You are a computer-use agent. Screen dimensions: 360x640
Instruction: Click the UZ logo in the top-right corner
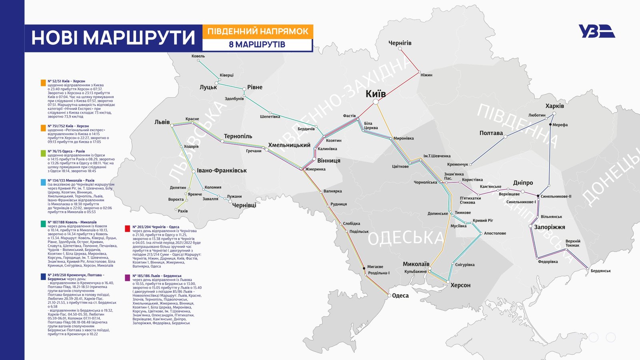[x=596, y=31]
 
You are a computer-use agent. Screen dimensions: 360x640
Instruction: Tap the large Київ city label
[x=376, y=94]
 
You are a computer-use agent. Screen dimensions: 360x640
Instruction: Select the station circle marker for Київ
[x=376, y=102]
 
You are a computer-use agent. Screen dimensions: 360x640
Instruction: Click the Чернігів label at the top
[x=400, y=43]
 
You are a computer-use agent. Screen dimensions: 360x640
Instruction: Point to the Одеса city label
[x=400, y=296]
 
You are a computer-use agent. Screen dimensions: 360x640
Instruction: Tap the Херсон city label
[x=460, y=285]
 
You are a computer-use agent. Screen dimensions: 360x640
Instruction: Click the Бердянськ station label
[x=600, y=271]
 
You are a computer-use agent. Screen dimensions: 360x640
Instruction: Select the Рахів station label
[x=182, y=211]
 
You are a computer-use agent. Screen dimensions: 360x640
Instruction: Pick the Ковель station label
[x=198, y=56]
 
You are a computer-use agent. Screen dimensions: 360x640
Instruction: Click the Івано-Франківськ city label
[x=222, y=170]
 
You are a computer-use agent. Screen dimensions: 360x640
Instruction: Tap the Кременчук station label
[x=458, y=164]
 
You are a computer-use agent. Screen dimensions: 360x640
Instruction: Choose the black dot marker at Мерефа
[x=550, y=125]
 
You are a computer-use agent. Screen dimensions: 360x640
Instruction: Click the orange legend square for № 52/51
[x=43, y=83]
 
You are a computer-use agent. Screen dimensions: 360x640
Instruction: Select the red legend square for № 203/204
[x=127, y=229]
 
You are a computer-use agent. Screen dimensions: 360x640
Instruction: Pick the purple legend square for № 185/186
[x=127, y=278]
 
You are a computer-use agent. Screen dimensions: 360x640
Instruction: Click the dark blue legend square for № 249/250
[x=43, y=276]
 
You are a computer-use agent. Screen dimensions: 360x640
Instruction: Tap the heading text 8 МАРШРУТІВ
[x=257, y=44]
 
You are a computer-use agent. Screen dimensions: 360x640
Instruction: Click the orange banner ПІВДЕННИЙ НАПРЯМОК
[x=258, y=31]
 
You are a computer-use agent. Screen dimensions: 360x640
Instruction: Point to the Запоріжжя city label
[x=549, y=227]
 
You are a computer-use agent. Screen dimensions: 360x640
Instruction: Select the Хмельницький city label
[x=289, y=145]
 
